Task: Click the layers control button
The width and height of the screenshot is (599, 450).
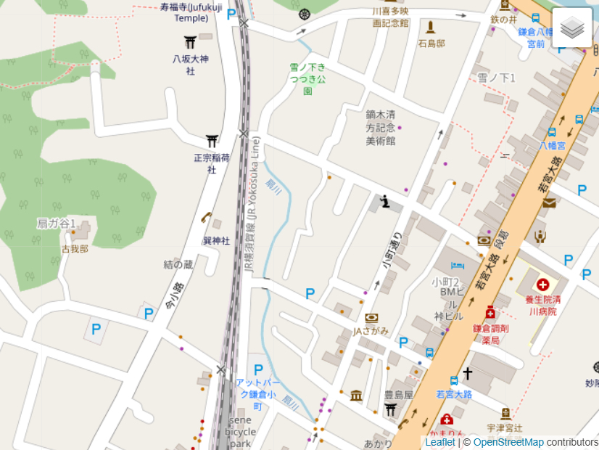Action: (x=572, y=28)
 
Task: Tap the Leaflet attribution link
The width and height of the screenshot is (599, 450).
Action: (x=439, y=442)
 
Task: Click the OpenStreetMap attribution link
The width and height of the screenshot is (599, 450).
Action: (x=508, y=442)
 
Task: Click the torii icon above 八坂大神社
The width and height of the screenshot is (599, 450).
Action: (x=190, y=42)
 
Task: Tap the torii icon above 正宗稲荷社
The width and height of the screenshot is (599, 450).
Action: (x=212, y=141)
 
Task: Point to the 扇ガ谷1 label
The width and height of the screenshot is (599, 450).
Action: (x=57, y=224)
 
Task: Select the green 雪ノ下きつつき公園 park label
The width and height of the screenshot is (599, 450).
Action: (x=307, y=78)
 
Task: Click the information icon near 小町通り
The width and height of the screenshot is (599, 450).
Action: (x=385, y=201)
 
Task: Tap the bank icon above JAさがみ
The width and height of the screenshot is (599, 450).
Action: (x=371, y=317)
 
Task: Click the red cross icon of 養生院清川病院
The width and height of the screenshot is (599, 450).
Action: (x=542, y=285)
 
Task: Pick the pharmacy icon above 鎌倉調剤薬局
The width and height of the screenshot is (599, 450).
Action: (x=490, y=313)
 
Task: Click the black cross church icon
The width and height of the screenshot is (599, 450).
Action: (x=468, y=374)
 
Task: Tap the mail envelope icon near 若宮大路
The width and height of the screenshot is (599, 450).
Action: (x=549, y=202)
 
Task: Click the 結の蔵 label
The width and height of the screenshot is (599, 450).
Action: (x=178, y=264)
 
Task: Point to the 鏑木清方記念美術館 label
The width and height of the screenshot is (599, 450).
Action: (x=380, y=127)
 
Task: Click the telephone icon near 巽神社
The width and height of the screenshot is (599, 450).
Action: (x=206, y=217)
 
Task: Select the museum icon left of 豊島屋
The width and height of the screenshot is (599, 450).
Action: (x=356, y=396)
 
